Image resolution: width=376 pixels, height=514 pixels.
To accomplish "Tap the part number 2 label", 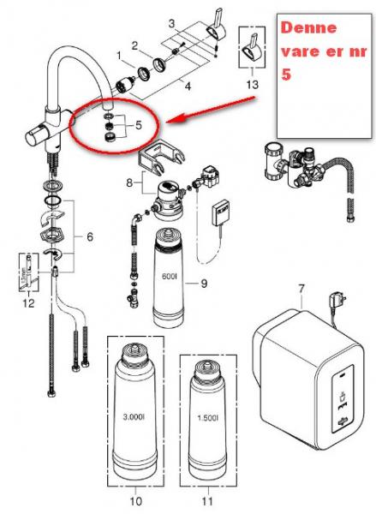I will pyautogui.click(x=134, y=44).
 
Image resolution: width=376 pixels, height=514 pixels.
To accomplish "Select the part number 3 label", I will pyautogui.click(x=172, y=21).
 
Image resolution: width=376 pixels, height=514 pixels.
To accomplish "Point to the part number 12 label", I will pyautogui.click(x=28, y=301).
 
